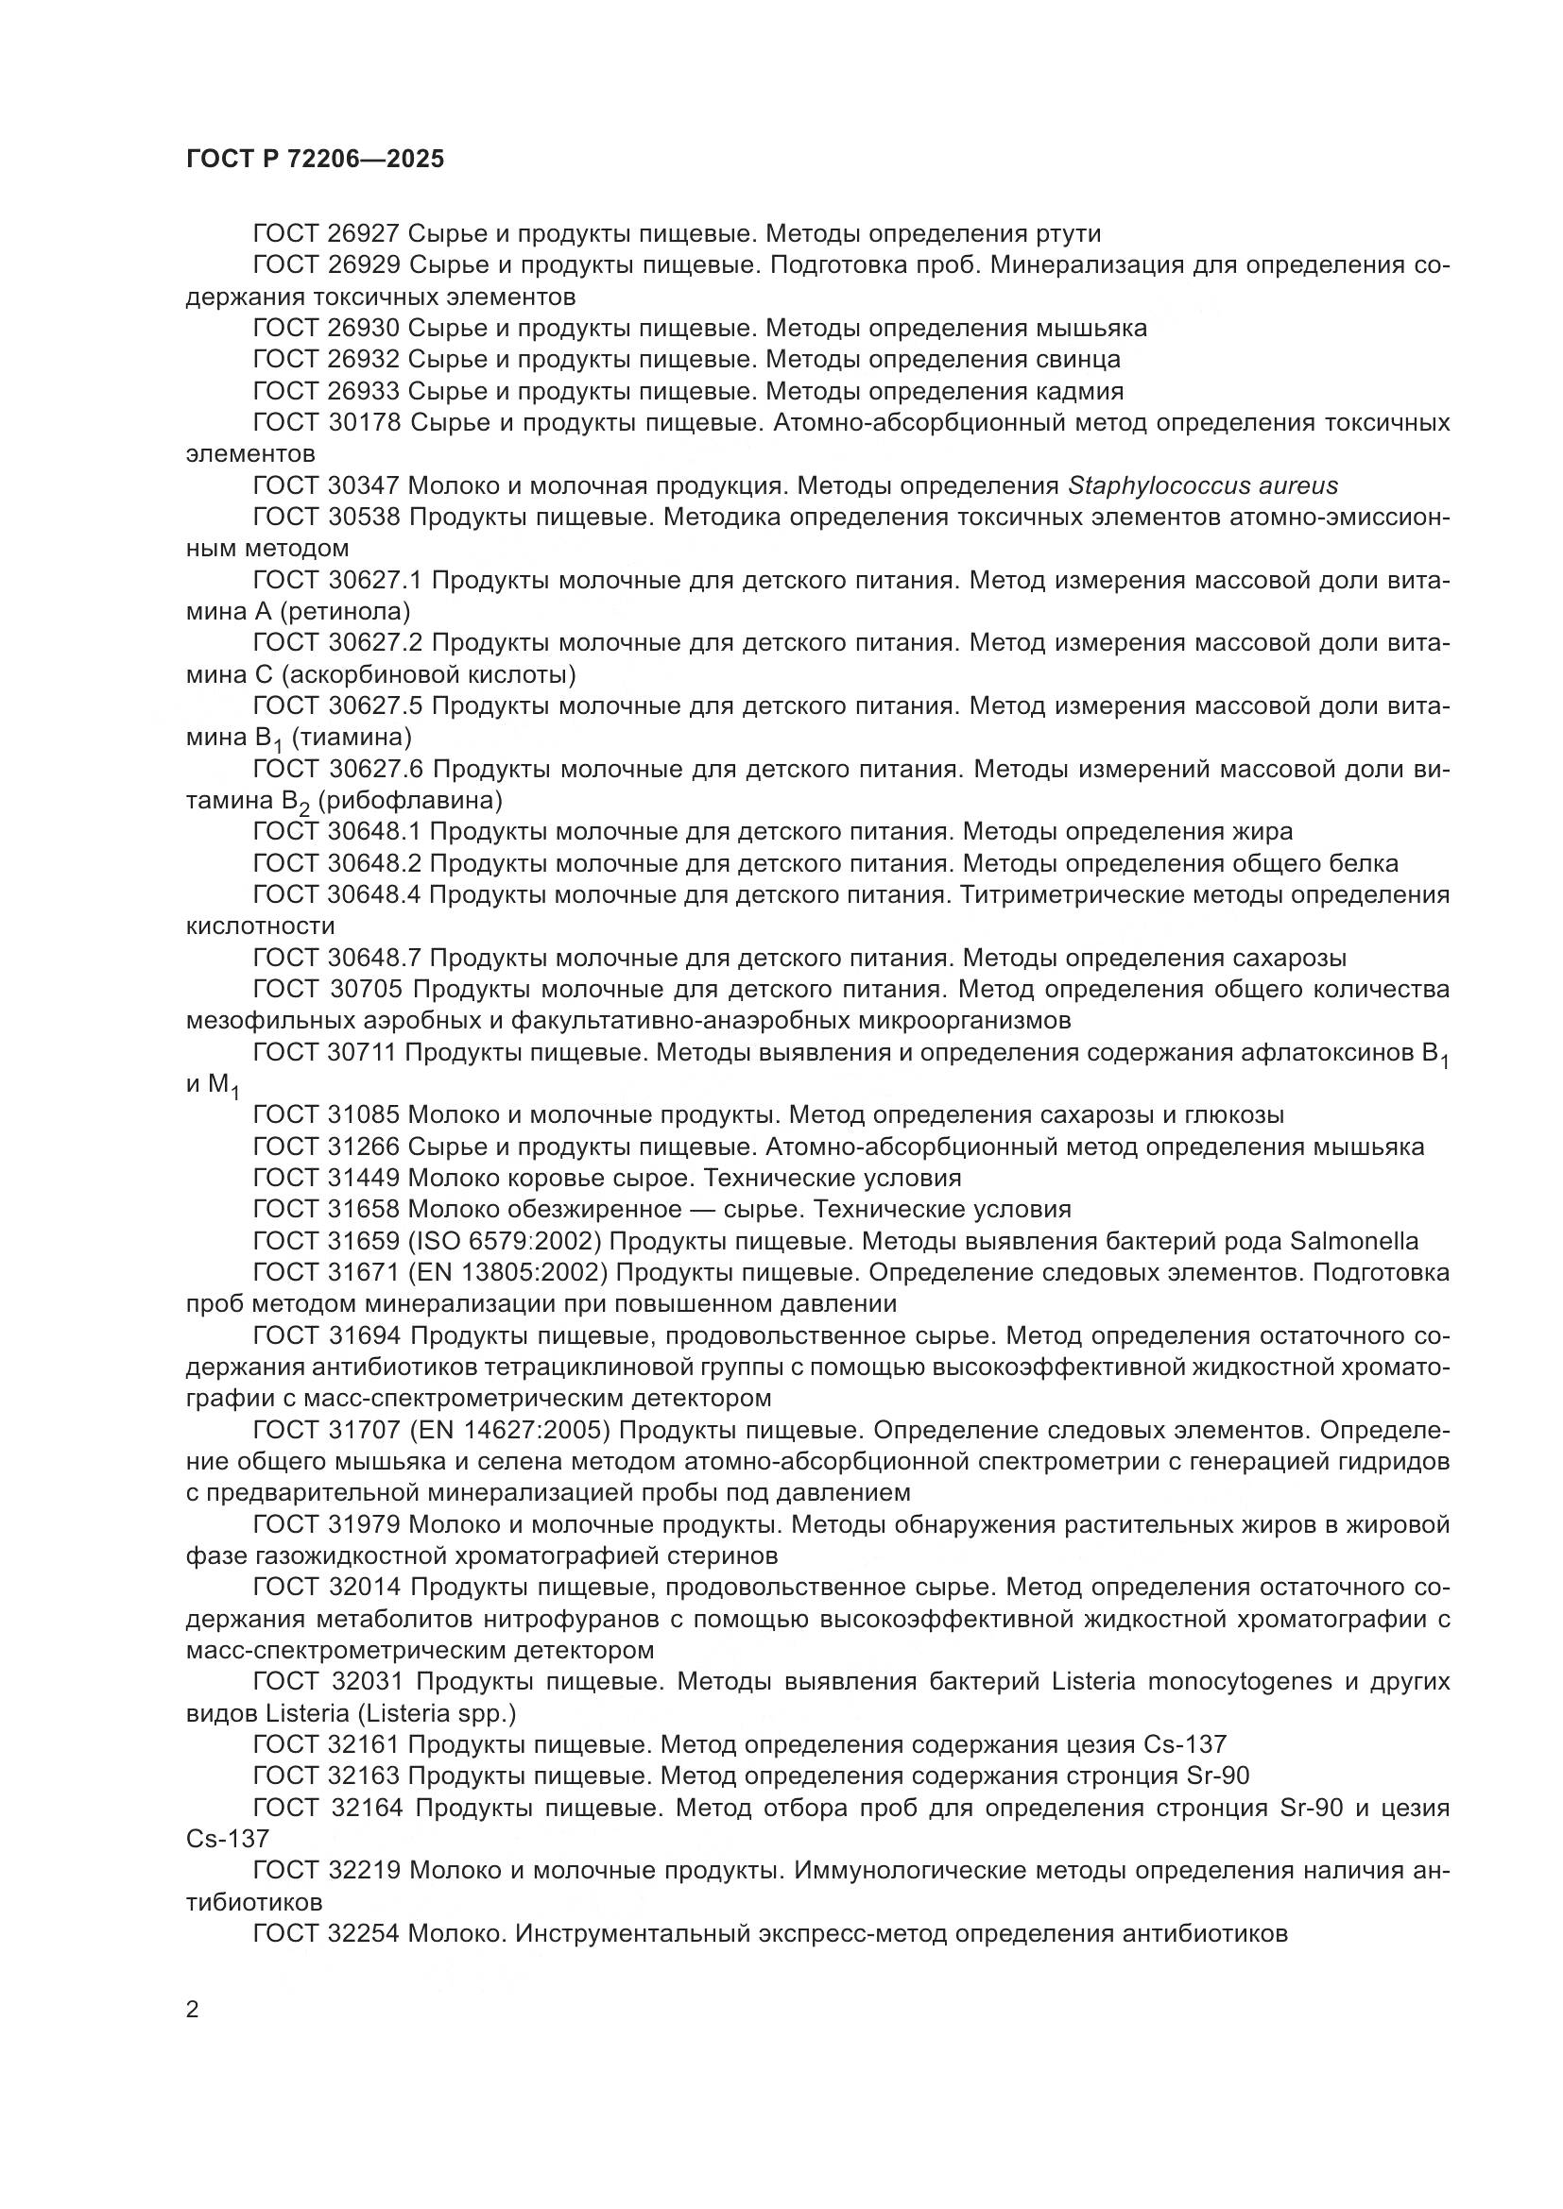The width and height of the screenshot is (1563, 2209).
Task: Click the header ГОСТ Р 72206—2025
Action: click(x=315, y=159)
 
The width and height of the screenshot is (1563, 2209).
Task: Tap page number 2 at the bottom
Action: click(x=193, y=2010)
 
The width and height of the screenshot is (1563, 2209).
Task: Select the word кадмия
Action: click(x=1079, y=391)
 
